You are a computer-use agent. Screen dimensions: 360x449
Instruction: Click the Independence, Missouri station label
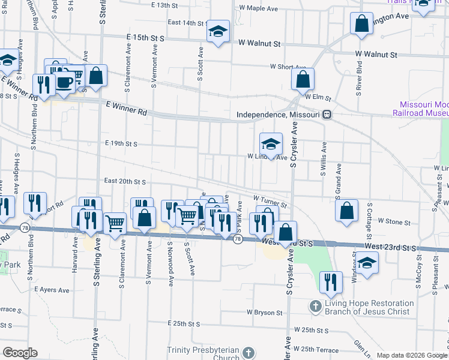point(279,115)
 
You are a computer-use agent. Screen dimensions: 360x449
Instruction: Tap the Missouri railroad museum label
point(420,108)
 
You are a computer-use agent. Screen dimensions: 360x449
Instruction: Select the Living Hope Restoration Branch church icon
point(316,307)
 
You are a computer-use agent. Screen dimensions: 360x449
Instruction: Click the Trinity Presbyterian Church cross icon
point(250,353)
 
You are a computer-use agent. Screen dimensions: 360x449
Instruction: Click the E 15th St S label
point(145,37)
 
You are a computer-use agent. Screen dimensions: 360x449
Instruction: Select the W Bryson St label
point(265,313)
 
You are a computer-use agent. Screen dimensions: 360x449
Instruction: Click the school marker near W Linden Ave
point(271,144)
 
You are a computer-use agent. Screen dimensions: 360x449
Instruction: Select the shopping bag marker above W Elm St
point(303,79)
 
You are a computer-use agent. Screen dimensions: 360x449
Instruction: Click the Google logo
point(20,353)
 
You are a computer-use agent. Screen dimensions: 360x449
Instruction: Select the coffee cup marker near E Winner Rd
point(65,83)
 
